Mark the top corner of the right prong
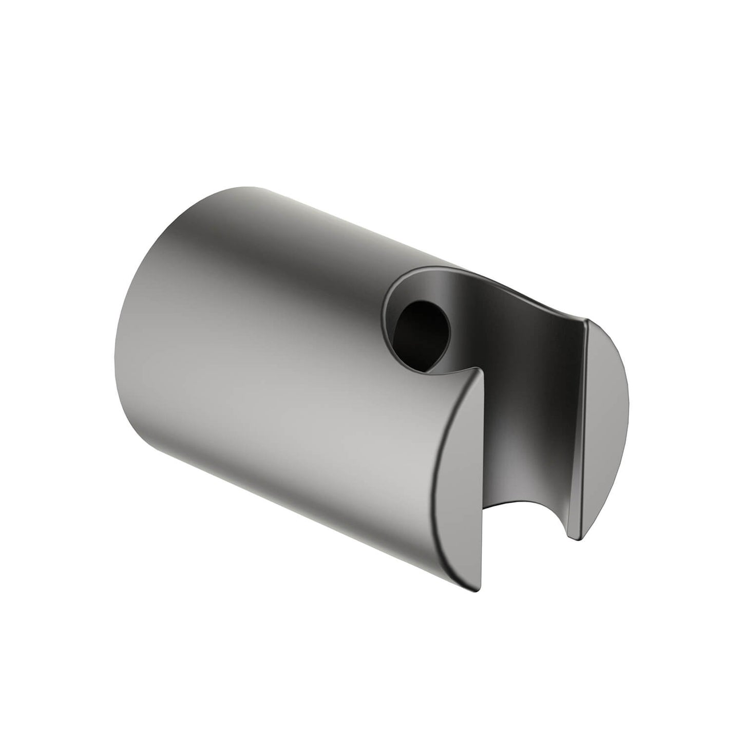tap(587, 321)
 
